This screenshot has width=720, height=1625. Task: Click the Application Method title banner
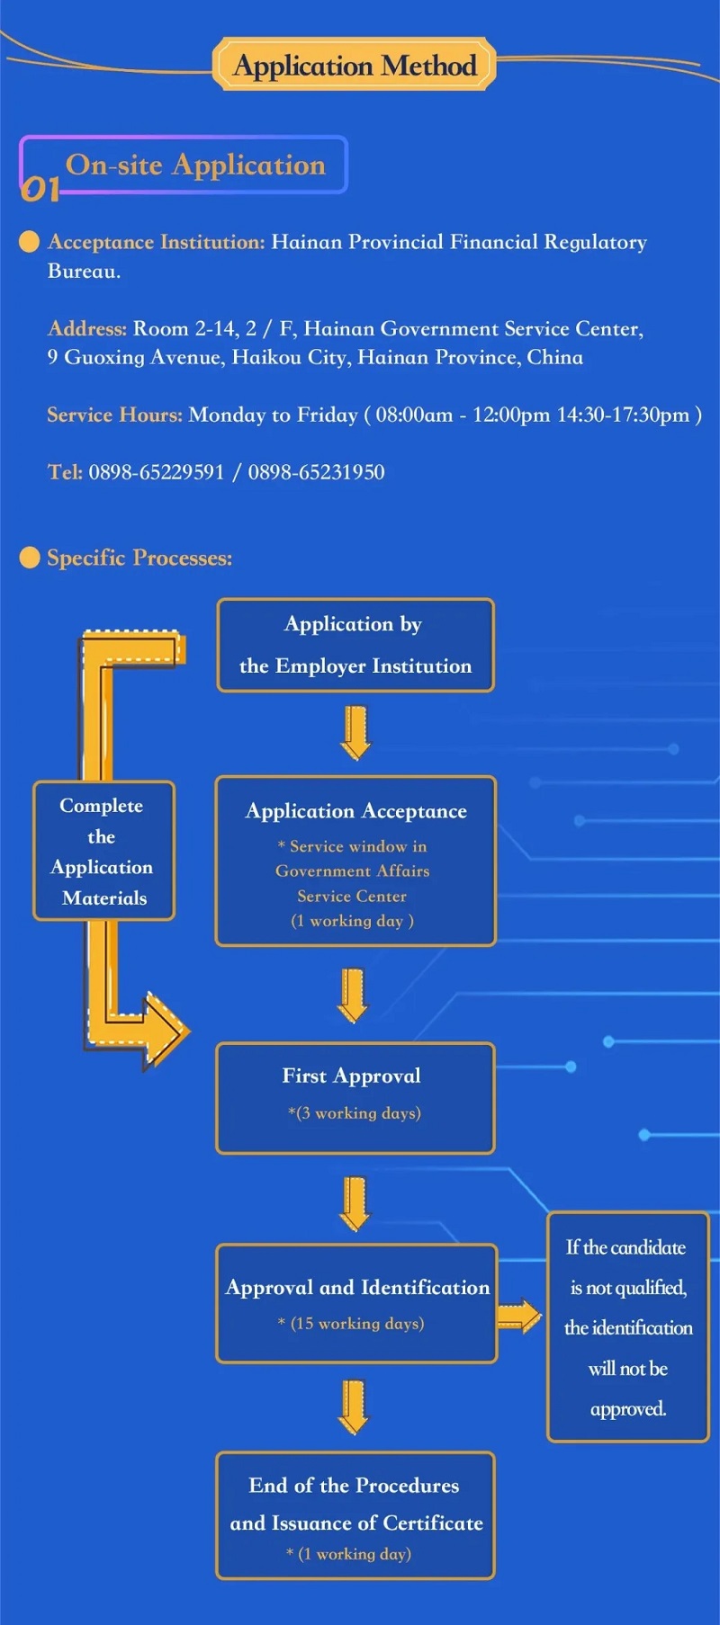[x=355, y=65]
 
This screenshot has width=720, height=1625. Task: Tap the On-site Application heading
[x=195, y=165]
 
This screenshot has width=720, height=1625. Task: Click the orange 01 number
[x=40, y=187]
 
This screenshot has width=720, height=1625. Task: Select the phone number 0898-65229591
[x=156, y=472]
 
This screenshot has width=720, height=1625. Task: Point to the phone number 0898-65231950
[x=316, y=472]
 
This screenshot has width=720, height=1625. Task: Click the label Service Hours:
[x=114, y=415]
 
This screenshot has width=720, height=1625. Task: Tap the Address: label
[x=86, y=328]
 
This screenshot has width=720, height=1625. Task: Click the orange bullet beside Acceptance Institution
[x=30, y=241]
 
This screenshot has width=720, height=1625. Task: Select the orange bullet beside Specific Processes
[x=30, y=558]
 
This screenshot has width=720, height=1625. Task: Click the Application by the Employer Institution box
[x=355, y=645]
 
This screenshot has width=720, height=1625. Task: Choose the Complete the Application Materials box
[x=103, y=851]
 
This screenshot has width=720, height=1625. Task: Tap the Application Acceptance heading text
[x=356, y=811]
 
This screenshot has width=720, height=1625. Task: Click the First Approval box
[x=355, y=1097]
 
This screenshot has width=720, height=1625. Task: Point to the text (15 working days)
[x=356, y=1323]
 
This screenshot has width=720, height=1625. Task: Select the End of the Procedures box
[x=355, y=1515]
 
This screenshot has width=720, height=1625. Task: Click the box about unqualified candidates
[x=628, y=1326]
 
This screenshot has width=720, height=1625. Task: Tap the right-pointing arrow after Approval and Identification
[x=519, y=1317]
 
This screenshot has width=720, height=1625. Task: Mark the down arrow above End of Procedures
[x=354, y=1406]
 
